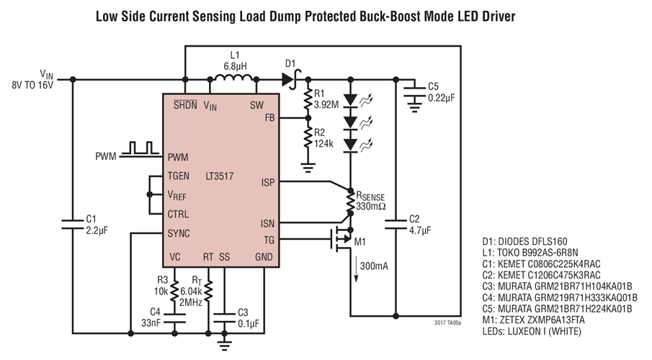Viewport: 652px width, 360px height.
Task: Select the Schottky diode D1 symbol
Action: tap(291, 80)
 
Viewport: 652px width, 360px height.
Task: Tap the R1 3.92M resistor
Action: tap(308, 100)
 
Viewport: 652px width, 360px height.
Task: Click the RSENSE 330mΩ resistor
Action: tap(349, 199)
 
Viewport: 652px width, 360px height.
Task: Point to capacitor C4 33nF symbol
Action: tap(175, 316)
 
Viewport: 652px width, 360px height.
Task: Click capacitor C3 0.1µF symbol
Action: tap(225, 316)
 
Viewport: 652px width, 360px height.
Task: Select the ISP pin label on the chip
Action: tap(267, 182)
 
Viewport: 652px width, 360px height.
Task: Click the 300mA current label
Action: tap(373, 266)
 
